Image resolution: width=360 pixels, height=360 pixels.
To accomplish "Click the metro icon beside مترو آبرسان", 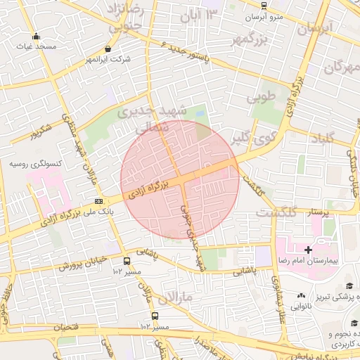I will click(x=264, y=5).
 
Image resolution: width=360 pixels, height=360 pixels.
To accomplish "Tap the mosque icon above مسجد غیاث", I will click(x=36, y=37).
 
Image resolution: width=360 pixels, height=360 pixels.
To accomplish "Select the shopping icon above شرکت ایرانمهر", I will click(x=108, y=49).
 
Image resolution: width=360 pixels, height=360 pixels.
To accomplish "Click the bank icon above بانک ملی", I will click(x=98, y=202).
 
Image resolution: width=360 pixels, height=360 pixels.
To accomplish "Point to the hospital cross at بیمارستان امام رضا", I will click(x=307, y=250).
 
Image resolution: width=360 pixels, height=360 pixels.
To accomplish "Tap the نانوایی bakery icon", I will click(x=302, y=296).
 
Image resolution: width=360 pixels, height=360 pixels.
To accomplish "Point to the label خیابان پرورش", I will click(x=82, y=264).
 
